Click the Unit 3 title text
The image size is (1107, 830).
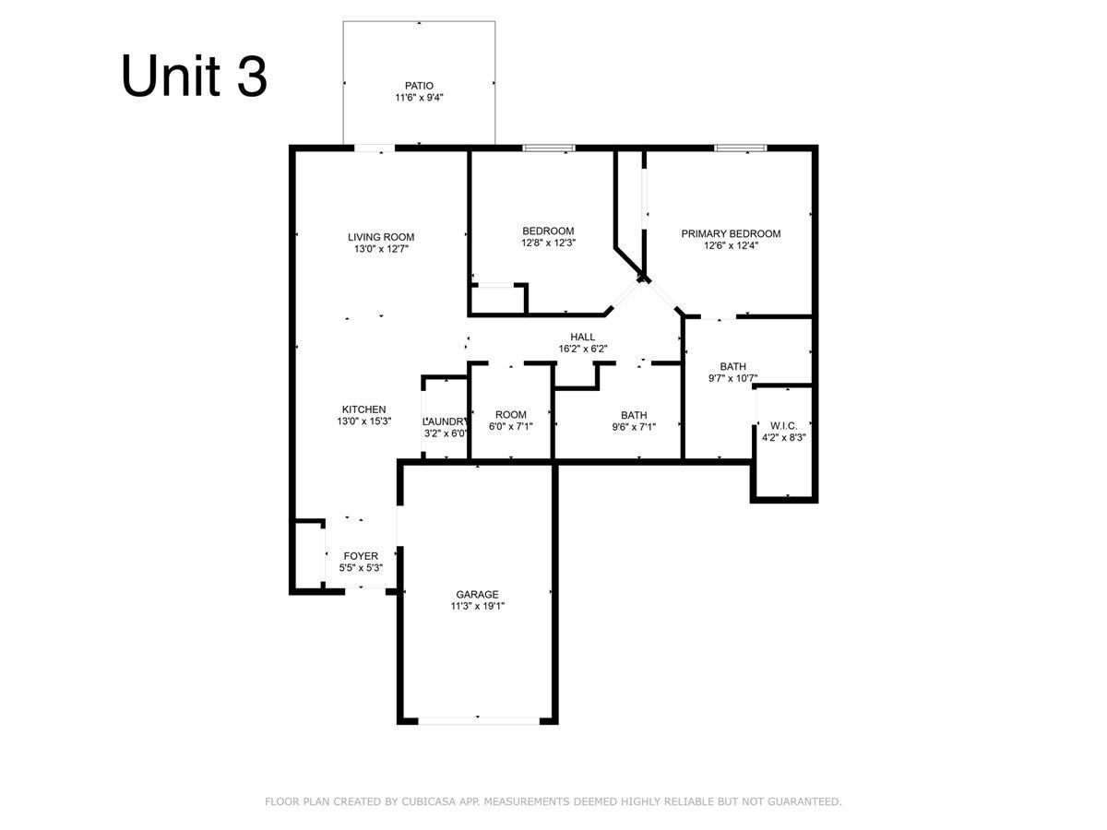pos(194,77)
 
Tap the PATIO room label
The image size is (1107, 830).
pos(419,86)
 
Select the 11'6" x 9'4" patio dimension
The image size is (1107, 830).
pos(419,97)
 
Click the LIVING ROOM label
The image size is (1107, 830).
pos(381,237)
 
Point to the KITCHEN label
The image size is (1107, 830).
pos(363,409)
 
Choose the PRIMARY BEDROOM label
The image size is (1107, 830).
pos(731,234)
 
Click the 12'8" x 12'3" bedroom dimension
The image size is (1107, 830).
pos(548,243)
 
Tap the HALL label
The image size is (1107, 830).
pos(582,337)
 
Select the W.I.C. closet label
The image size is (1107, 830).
pos(784,426)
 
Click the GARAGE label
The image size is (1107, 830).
pos(477,594)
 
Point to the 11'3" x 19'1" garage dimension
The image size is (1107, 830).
pos(477,606)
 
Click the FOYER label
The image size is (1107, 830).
pos(361,556)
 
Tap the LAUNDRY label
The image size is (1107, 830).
pos(445,421)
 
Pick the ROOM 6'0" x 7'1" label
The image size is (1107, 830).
pos(511,421)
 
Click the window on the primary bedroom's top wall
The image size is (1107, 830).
pos(741,148)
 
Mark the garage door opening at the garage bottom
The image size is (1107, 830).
pos(479,720)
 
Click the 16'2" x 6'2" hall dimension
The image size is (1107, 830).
pos(582,349)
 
